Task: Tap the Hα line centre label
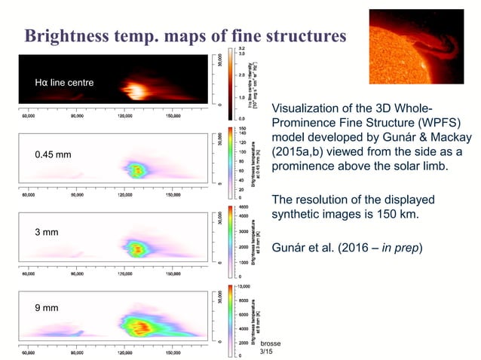(65, 82)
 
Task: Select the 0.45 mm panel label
(54, 155)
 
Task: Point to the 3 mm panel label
(47, 232)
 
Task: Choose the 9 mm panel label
(47, 308)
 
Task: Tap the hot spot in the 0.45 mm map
(136, 169)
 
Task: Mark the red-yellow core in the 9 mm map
(139, 326)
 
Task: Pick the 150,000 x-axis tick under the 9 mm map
(172, 352)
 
